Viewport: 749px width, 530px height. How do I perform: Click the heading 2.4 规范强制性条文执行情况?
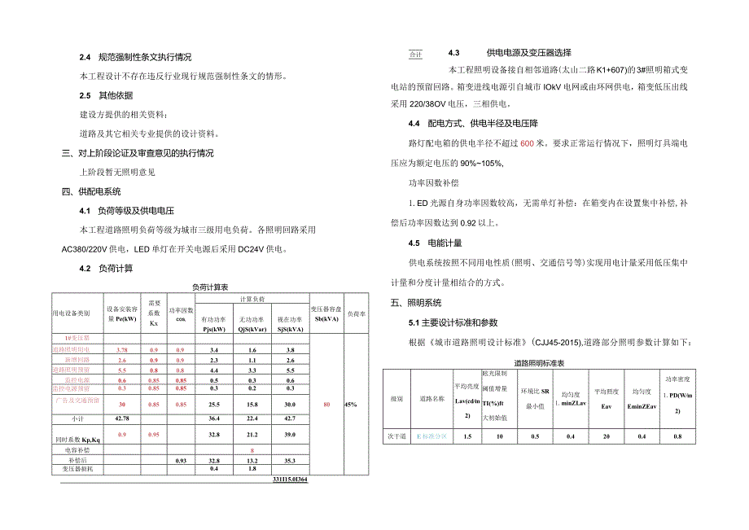(x=135, y=58)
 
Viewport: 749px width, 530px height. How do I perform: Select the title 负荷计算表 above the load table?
(x=210, y=287)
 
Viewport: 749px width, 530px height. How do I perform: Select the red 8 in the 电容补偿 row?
(x=253, y=450)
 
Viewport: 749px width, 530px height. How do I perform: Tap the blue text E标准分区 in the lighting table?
(x=431, y=436)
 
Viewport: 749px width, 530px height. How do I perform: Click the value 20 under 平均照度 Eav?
(x=605, y=436)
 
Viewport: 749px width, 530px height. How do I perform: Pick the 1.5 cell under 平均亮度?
(x=467, y=436)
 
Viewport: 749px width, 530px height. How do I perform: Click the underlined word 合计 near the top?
(x=415, y=55)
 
